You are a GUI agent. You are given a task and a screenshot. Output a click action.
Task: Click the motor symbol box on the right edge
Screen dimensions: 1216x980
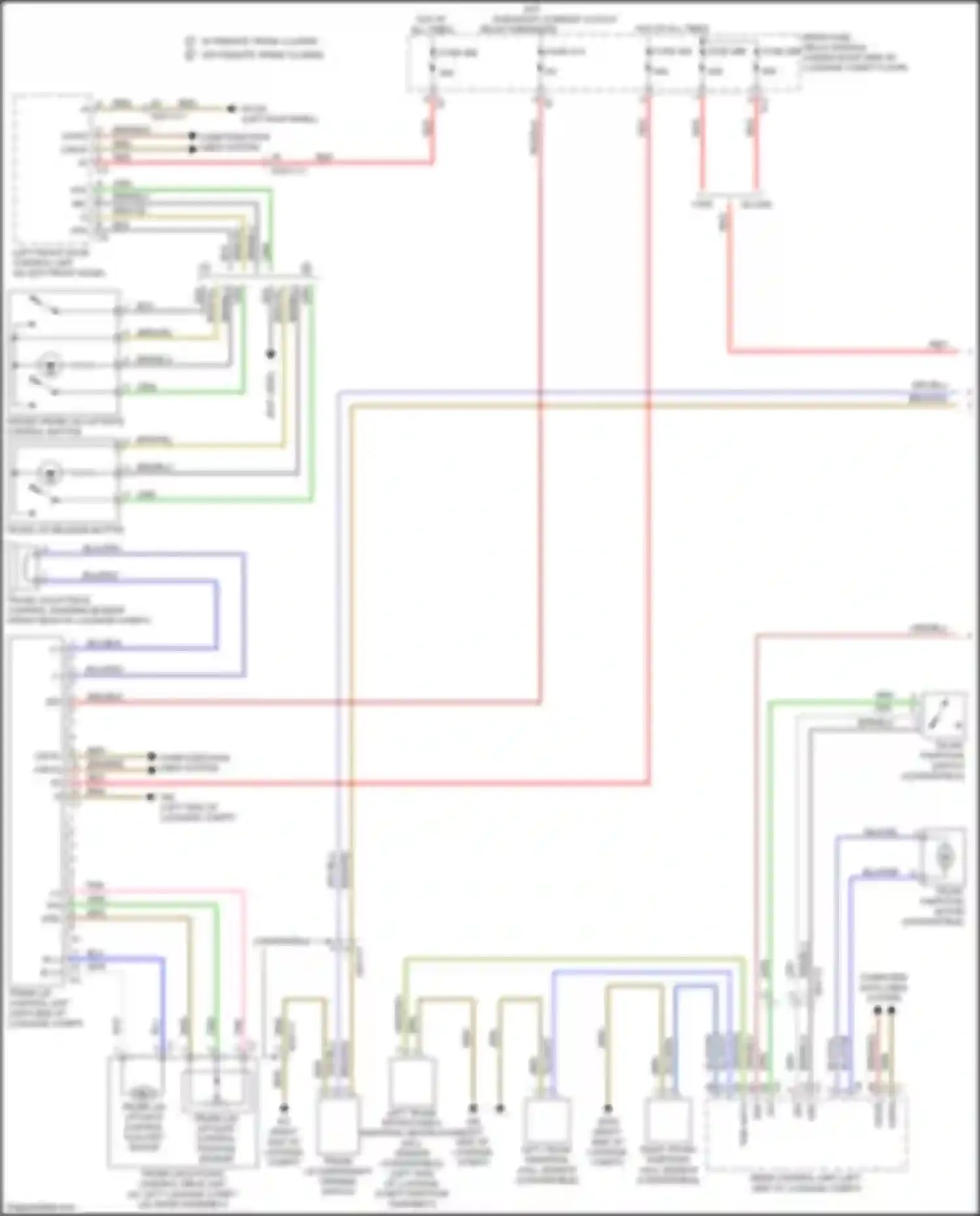tap(943, 855)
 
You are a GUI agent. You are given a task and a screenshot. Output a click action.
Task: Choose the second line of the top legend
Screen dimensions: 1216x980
tap(255, 55)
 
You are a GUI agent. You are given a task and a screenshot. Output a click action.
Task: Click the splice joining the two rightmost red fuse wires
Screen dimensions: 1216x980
tap(728, 195)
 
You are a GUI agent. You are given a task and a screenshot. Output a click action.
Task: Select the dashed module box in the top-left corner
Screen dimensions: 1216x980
tap(52, 170)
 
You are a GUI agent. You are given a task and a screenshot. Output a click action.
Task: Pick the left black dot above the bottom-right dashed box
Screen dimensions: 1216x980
tap(877, 1010)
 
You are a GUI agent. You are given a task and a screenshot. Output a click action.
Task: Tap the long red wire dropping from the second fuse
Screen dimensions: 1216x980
tap(541, 392)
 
